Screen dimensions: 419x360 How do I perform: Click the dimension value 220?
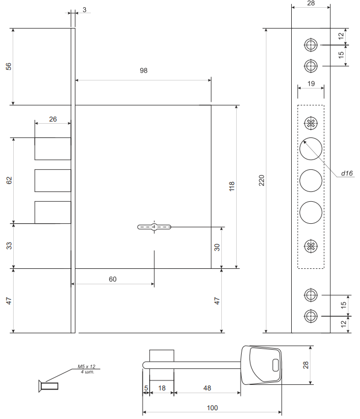(262, 180)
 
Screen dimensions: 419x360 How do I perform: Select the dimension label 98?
(144, 71)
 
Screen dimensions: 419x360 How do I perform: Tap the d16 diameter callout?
(346, 173)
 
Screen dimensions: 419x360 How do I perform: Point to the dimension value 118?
(231, 186)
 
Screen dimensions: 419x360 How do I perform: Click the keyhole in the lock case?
(155, 227)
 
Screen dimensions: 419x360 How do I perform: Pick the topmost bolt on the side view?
(53, 148)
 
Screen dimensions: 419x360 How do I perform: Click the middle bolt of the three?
(53, 180)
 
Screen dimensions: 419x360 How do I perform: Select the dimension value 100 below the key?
(212, 407)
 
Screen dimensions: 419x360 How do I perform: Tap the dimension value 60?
(112, 279)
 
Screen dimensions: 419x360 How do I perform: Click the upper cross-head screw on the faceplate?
(310, 122)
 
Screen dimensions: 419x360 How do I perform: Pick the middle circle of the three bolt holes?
(310, 180)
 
